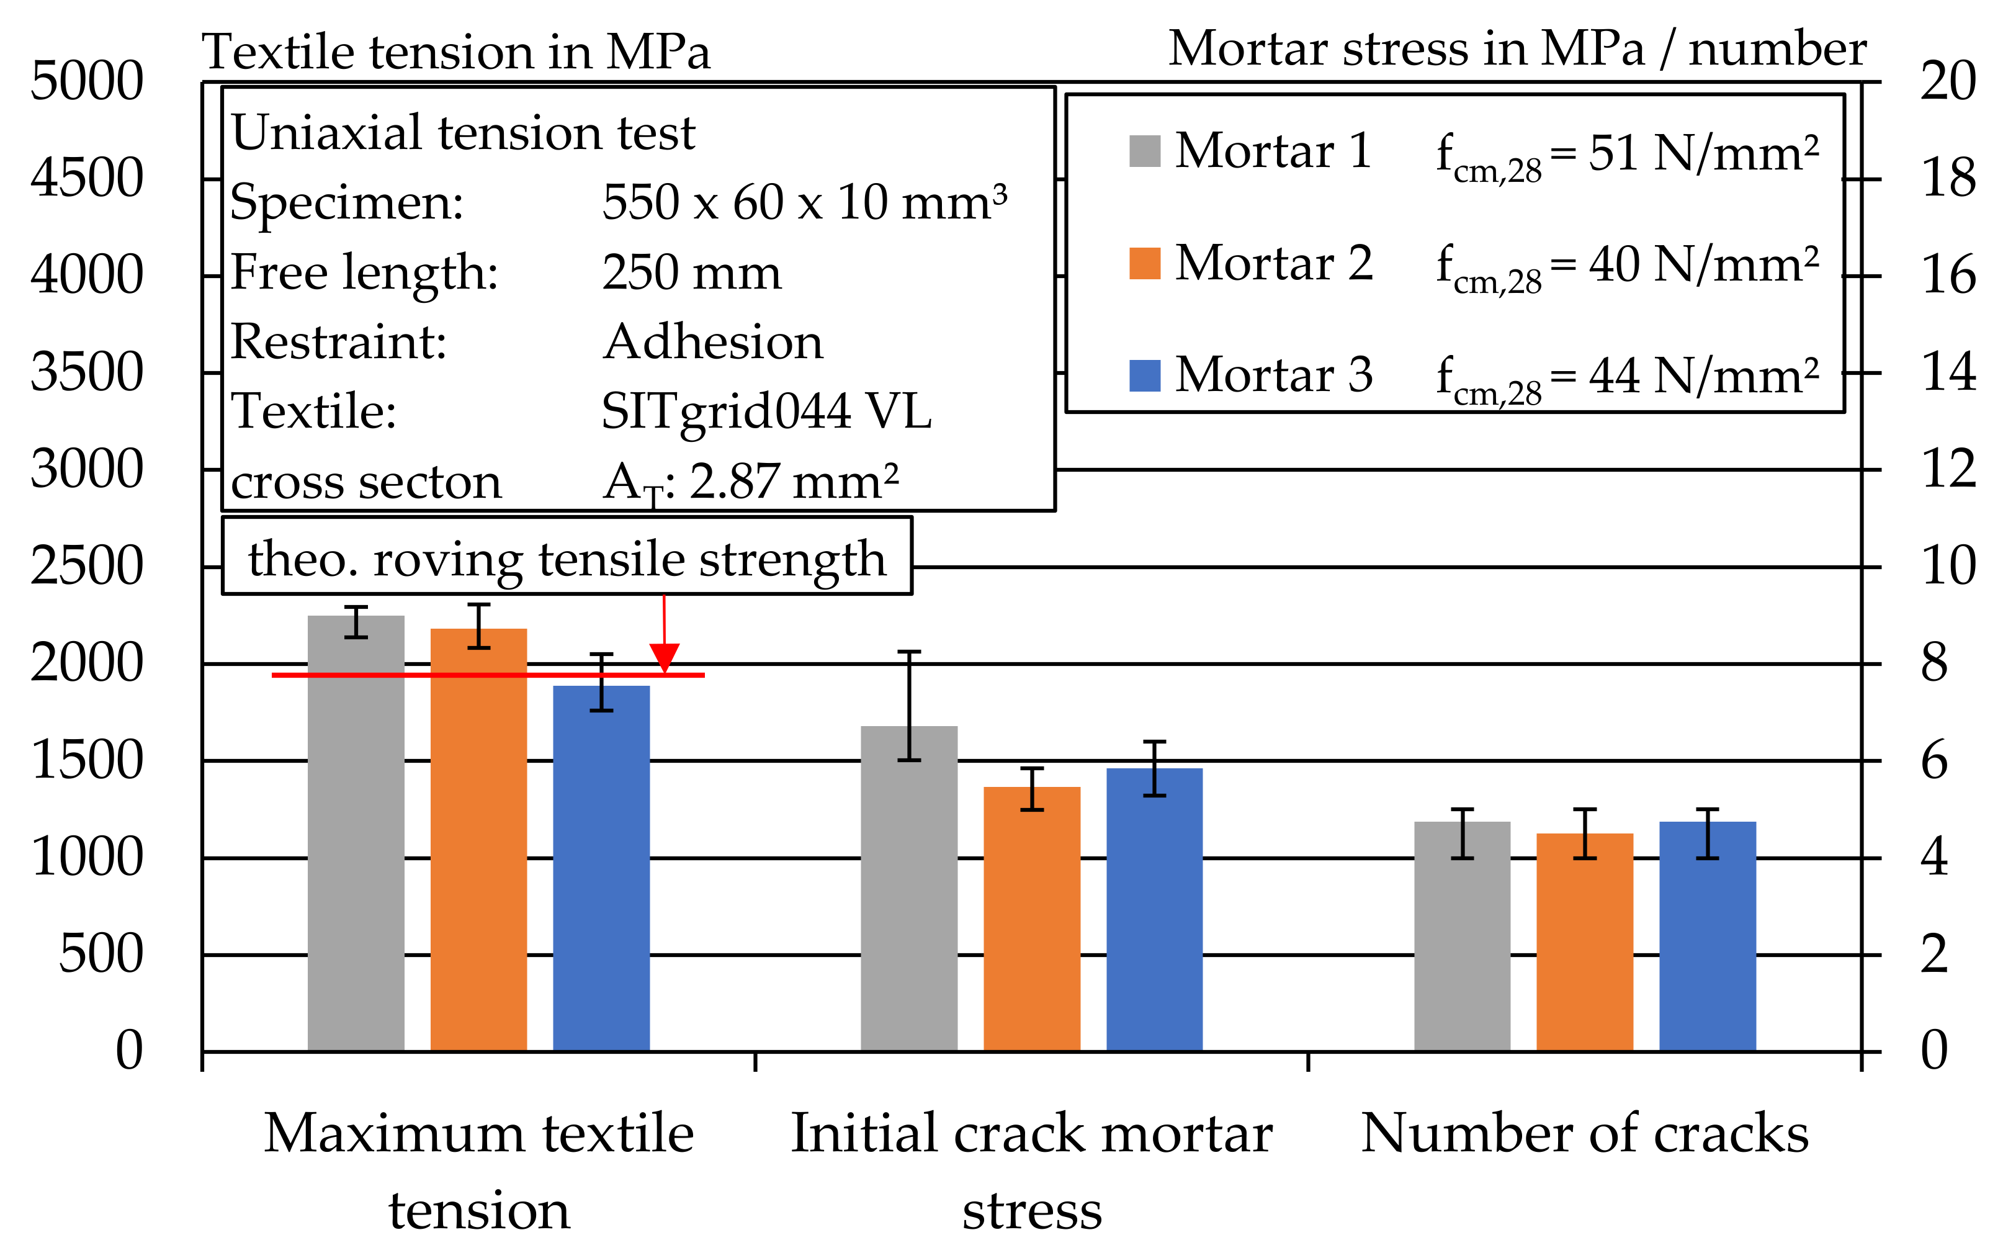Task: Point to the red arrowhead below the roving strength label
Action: coord(665,658)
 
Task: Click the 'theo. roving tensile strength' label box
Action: coord(567,557)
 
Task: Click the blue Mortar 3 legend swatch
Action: coord(1144,375)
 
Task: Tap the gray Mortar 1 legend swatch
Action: coord(1144,151)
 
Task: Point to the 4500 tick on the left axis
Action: coord(87,178)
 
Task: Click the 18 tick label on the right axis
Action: coord(1948,178)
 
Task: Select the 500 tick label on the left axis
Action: coord(101,954)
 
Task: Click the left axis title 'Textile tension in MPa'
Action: coord(455,52)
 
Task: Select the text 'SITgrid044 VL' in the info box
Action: coord(766,411)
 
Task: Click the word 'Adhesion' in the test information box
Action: coord(712,341)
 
